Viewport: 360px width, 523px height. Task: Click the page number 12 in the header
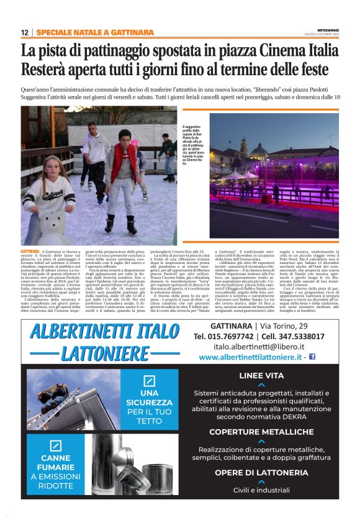tap(25, 32)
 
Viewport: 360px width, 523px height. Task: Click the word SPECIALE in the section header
tap(53, 32)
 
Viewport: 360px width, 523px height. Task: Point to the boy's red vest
tap(123, 165)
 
